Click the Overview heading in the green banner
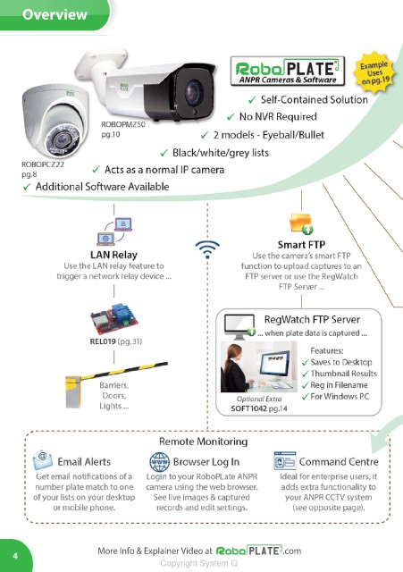[x=55, y=14]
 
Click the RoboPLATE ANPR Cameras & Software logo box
[x=288, y=71]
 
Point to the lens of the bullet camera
[x=193, y=92]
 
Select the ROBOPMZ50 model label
[x=123, y=124]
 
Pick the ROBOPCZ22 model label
[x=43, y=164]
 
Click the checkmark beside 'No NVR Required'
[x=231, y=117]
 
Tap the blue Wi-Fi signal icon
[x=207, y=249]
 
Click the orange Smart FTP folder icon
[x=301, y=223]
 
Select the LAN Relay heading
[x=113, y=255]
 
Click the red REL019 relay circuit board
[x=114, y=319]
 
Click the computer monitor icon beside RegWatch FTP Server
[x=239, y=326]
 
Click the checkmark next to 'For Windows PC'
[x=306, y=397]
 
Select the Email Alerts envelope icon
[x=43, y=460]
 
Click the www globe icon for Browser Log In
[x=159, y=462]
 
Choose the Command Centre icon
[x=285, y=461]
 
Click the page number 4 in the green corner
[x=15, y=556]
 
